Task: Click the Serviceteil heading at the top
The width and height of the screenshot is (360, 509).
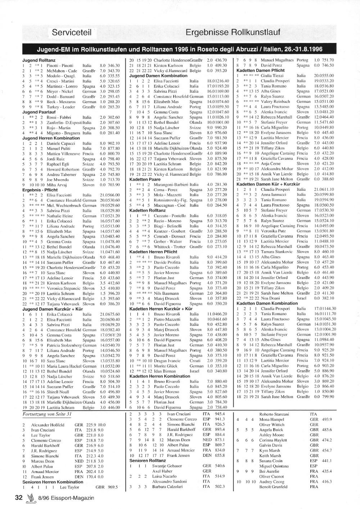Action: (72, 32)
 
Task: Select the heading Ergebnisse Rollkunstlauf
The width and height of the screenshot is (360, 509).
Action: (233, 32)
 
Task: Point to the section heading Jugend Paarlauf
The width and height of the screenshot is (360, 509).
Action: (38, 112)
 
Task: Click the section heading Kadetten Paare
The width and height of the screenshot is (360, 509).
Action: (145, 179)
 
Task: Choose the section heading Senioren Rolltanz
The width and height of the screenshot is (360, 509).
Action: (148, 460)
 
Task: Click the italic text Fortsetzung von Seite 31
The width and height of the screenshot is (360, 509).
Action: (47, 414)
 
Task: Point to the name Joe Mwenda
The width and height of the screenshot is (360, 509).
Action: (57, 180)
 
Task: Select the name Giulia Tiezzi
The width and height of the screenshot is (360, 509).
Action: (272, 76)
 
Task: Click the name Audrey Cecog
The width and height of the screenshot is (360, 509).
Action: (271, 482)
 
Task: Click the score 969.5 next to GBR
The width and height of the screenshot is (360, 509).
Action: (111, 487)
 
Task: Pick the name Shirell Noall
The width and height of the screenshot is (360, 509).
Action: (58, 392)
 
